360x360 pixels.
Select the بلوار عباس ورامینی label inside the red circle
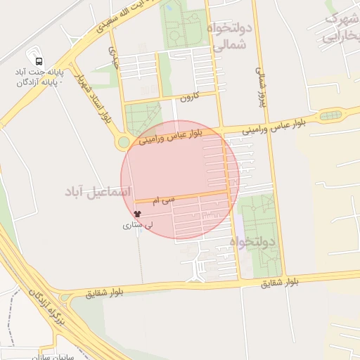[172, 136]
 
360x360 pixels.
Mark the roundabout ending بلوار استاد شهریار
[124, 143]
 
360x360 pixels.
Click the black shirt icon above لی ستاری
[136, 214]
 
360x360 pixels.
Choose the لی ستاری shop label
[135, 226]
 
